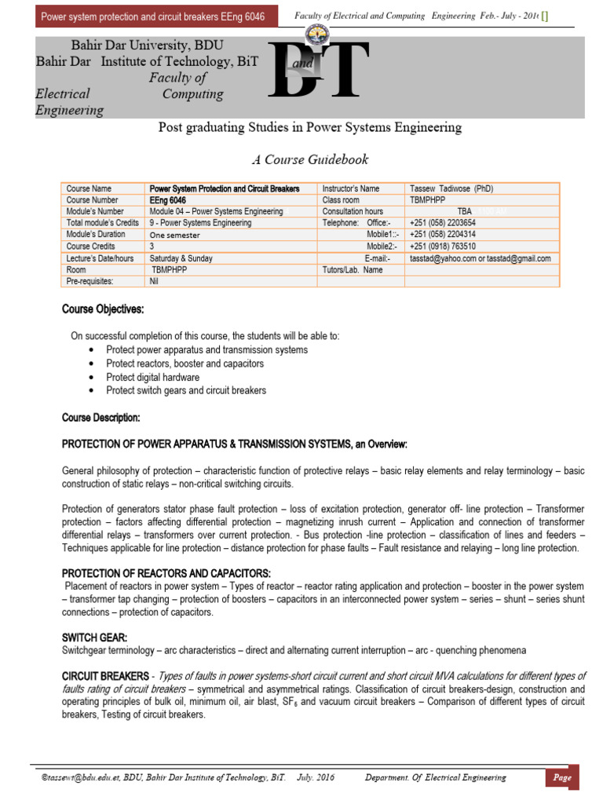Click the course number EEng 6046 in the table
tap(168, 200)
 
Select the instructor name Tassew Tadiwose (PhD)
tap(451, 188)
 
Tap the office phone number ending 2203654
tap(442, 223)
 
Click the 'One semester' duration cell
tap(175, 235)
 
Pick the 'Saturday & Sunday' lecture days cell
tap(182, 258)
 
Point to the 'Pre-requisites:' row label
tap(90, 280)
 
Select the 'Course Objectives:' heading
tap(103, 309)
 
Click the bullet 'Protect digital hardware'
tap(154, 377)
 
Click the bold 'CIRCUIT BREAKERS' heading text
tap(104, 676)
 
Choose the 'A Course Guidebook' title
tap(309, 159)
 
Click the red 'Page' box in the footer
tap(563, 777)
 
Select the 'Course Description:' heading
tap(101, 417)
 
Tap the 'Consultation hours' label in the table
tap(353, 211)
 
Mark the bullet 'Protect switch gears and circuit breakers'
tap(186, 390)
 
